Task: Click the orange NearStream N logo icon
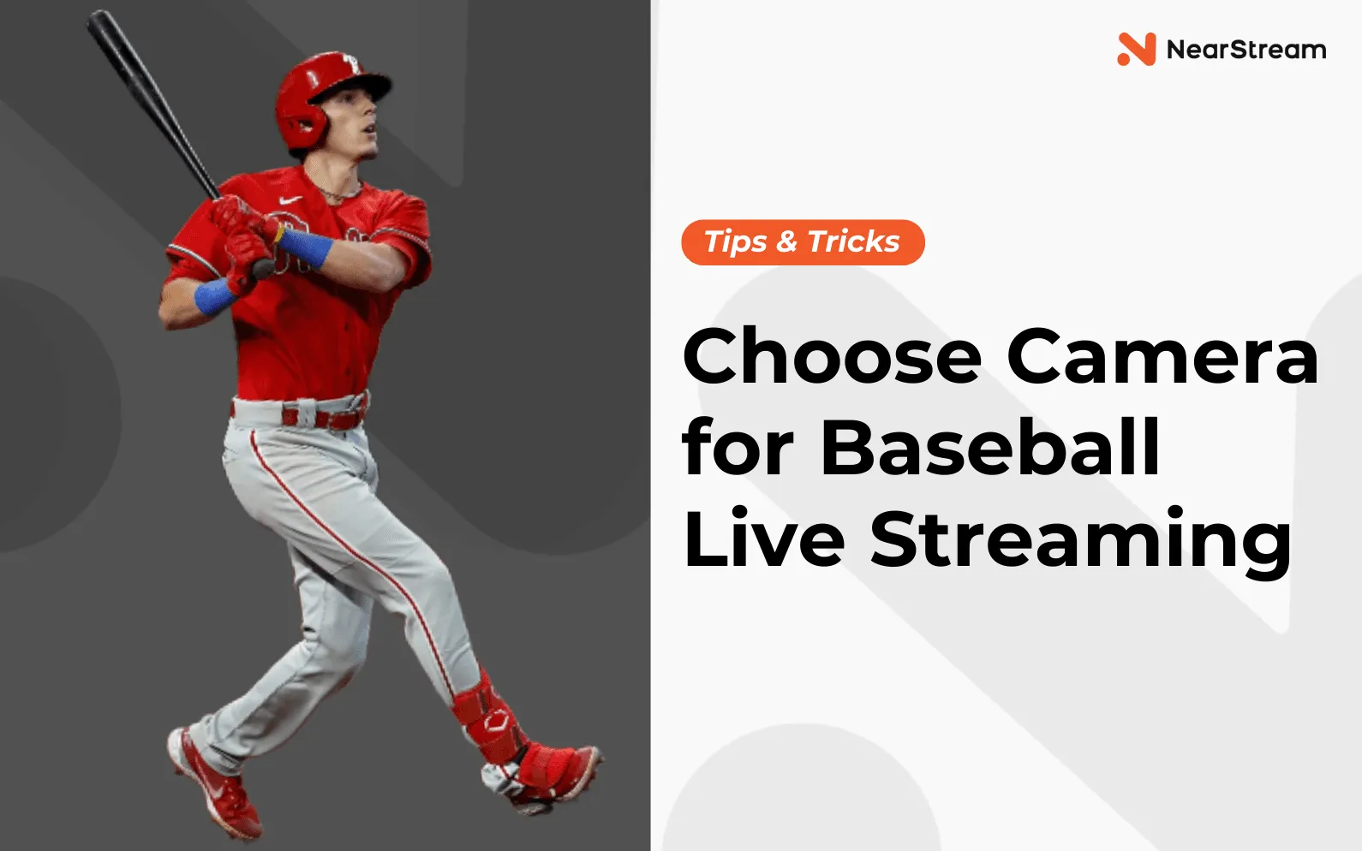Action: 1136,49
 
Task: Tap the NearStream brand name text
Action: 1246,50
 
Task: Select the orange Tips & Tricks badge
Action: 803,242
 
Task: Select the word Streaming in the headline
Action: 1081,541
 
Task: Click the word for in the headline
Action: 738,447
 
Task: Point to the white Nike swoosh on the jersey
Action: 290,199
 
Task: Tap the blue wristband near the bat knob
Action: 305,247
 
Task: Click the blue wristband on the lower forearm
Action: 215,296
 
